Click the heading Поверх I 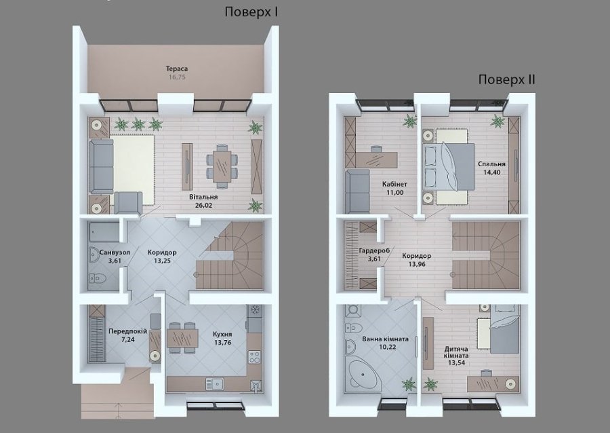click(251, 12)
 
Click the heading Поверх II click(506, 80)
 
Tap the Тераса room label click(177, 69)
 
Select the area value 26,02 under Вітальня click(203, 205)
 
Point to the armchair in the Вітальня click(128, 203)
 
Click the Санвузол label click(115, 252)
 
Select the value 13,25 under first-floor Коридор click(162, 261)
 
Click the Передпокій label click(127, 331)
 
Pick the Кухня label click(222, 334)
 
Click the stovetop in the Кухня click(254, 357)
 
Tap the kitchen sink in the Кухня click(214, 384)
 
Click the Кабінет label click(394, 184)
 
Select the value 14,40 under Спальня click(492, 172)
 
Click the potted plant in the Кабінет click(409, 121)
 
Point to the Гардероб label click(374, 250)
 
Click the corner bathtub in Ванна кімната click(363, 374)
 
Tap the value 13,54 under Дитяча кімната click(456, 363)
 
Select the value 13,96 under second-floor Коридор click(417, 264)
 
